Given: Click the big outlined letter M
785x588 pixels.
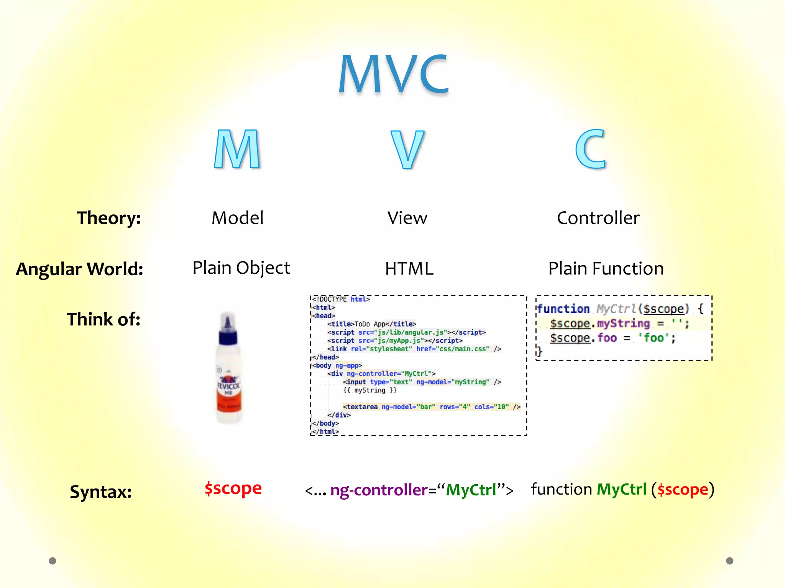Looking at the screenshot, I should pyautogui.click(x=237, y=149).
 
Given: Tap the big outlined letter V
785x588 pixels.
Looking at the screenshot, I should pyautogui.click(x=407, y=150).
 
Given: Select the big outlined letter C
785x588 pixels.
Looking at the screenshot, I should pyautogui.click(x=591, y=149).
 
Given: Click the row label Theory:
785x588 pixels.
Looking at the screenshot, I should pyautogui.click(x=109, y=218).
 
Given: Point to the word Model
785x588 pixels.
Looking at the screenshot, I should pyautogui.click(x=238, y=218).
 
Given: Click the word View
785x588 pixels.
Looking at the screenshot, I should pyautogui.click(x=407, y=218).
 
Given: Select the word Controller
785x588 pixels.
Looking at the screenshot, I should pyautogui.click(x=598, y=218).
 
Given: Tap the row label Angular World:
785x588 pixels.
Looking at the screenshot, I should pyautogui.click(x=80, y=269).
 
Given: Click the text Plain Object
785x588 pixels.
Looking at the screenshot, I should pyautogui.click(x=241, y=268).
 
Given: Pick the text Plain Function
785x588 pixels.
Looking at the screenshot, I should pyautogui.click(x=606, y=268).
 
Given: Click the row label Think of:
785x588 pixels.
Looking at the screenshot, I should pyautogui.click(x=103, y=319).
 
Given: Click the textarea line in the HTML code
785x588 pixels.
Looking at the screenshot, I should pyautogui.click(x=431, y=407).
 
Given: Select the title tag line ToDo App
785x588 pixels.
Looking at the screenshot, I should pyautogui.click(x=371, y=324).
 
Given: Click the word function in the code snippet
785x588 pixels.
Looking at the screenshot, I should pyautogui.click(x=563, y=309).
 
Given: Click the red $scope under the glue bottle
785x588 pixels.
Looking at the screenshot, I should pyautogui.click(x=233, y=488).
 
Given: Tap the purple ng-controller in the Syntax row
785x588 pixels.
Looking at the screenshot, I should pyautogui.click(x=379, y=490).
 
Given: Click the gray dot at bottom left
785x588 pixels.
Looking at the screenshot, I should pyautogui.click(x=53, y=561).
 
